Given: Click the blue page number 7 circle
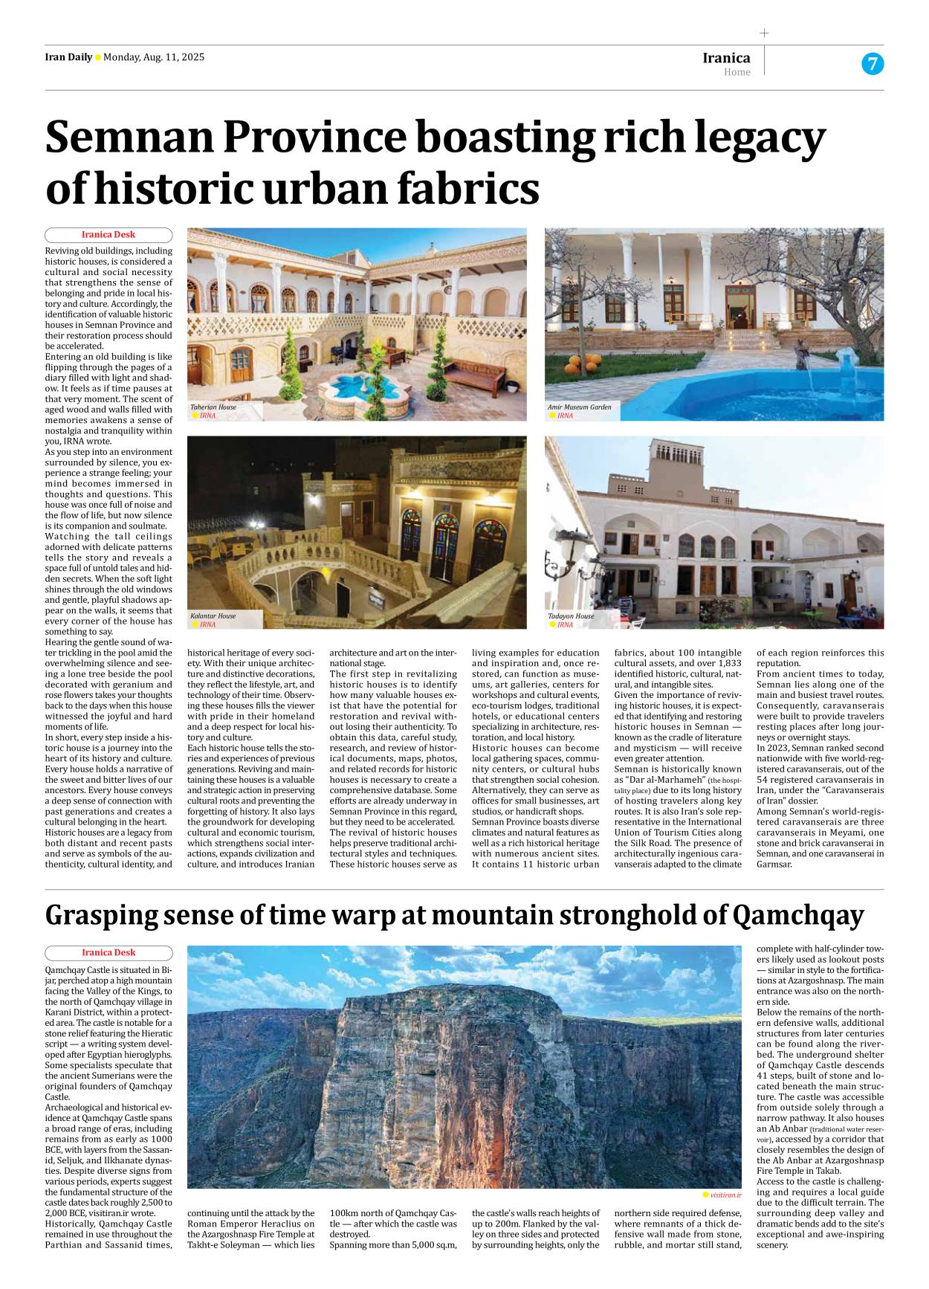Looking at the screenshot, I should coord(873,64).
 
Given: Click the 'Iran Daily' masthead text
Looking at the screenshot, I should coord(68,57).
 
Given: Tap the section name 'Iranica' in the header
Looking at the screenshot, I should coord(726,58).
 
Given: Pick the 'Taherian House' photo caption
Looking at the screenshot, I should coord(213,407).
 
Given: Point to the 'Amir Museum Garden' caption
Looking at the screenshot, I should coord(580,407).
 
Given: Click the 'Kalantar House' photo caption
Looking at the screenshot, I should coord(213,616).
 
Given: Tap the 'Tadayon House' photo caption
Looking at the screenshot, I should coord(571,616).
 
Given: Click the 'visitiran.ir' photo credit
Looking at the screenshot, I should coord(725,1195).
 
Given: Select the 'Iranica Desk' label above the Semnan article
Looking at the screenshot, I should coord(109,235).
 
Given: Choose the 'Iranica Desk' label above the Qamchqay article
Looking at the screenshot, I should coord(109,953).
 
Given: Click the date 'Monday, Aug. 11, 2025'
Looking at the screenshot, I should coord(154,57).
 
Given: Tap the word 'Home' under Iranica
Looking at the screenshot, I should coord(737,72).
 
